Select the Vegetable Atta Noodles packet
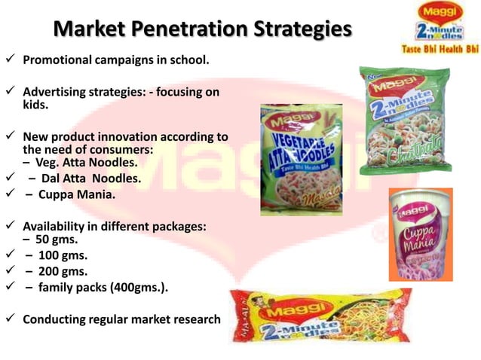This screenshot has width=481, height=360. [301, 159]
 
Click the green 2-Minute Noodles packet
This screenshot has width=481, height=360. [404, 121]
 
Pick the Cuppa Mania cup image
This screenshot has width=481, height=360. [419, 234]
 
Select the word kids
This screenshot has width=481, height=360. [35, 106]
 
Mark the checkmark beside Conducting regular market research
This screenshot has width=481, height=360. [10, 319]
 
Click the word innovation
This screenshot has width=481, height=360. [139, 137]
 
